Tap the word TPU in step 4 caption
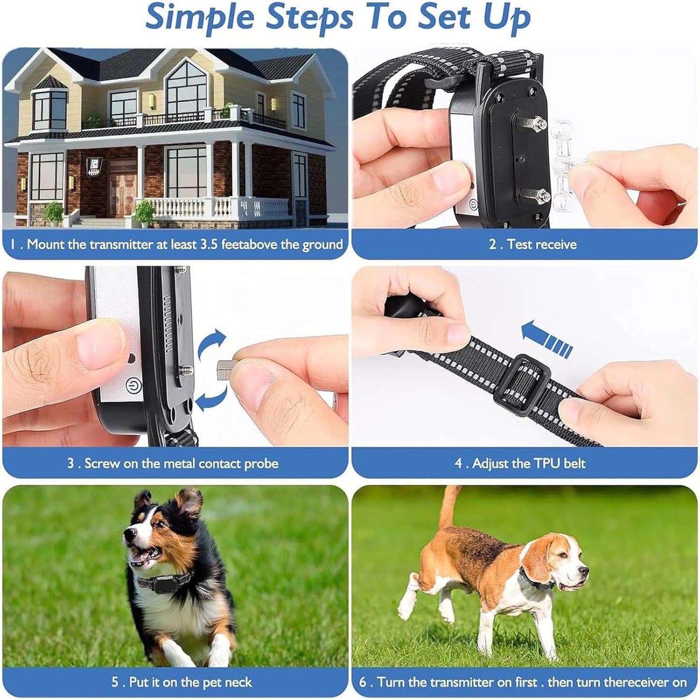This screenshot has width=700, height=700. point(547,463)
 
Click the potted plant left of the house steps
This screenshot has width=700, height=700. point(54,213)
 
